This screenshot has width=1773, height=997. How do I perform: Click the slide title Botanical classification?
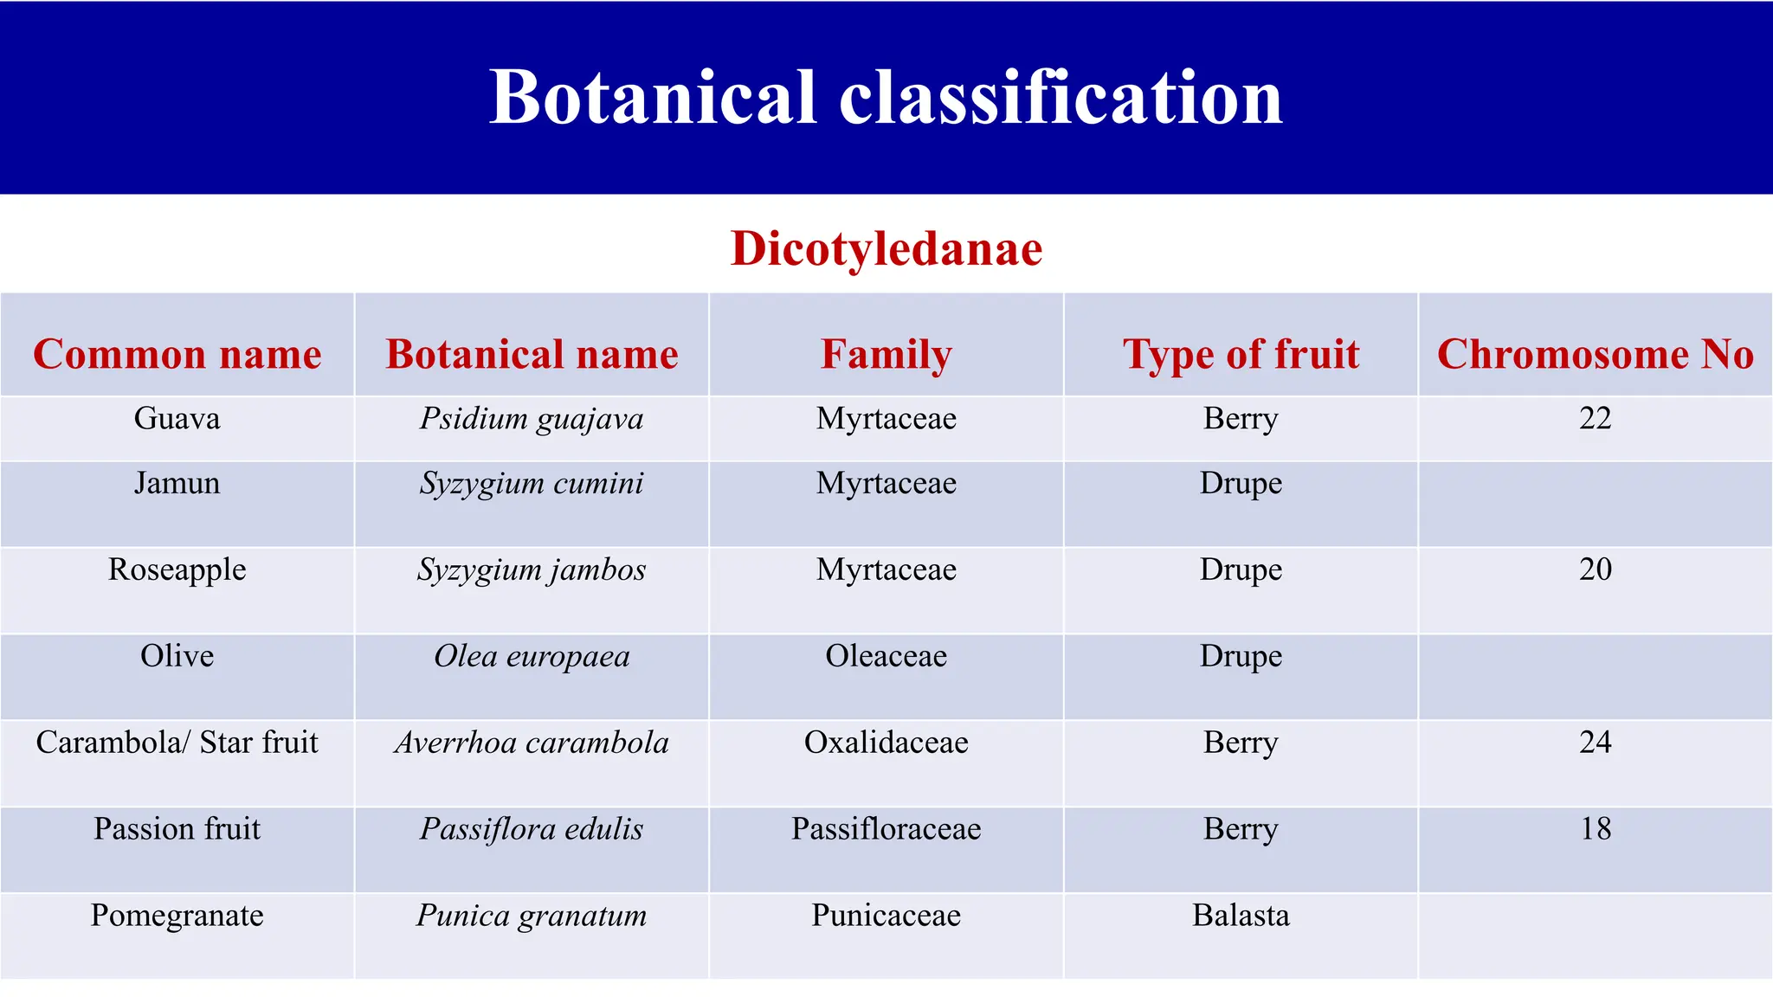pos(886,97)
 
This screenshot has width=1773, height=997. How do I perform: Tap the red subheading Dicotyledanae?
pos(886,249)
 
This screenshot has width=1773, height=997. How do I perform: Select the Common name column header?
pos(177,354)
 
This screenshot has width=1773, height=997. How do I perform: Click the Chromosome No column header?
pos(1595,354)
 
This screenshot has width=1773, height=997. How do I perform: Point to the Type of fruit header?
pos(1241,354)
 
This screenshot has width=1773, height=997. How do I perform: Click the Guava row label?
pos(177,419)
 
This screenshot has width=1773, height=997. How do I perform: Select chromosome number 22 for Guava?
pos(1595,419)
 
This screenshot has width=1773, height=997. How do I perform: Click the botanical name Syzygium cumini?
pos(532,484)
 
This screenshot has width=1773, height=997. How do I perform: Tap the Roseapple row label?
pos(177,569)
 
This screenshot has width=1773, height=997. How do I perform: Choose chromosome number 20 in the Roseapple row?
pos(1595,569)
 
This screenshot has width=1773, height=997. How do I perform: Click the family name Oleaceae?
pos(886,656)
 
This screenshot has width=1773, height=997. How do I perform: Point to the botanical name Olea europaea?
pos(532,657)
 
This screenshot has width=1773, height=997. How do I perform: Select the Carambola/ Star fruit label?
pos(177,743)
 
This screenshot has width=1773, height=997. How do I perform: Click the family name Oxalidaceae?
pos(886,743)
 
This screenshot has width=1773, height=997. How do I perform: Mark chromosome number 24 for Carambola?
pos(1595,743)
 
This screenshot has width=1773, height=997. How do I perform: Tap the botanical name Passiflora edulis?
pos(532,829)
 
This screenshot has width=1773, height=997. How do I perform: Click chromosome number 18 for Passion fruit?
pos(1595,829)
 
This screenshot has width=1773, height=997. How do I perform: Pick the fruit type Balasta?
pos(1241,916)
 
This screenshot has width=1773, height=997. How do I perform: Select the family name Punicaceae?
pos(886,916)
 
